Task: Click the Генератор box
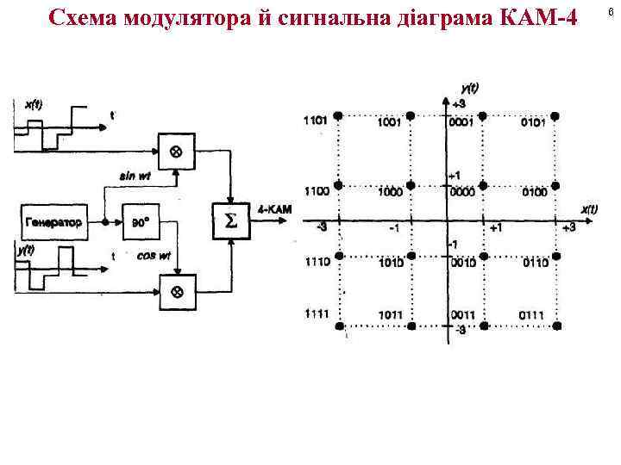[54, 222]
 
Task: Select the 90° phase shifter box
[141, 222]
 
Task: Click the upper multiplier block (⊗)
[176, 152]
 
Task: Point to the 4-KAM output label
[275, 208]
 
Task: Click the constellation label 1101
[316, 121]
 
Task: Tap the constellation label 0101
[532, 122]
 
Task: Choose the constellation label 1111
[317, 315]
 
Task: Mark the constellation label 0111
[531, 315]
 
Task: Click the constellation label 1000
[391, 192]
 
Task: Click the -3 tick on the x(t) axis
[321, 227]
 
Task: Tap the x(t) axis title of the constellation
[589, 209]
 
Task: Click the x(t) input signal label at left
[34, 104]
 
